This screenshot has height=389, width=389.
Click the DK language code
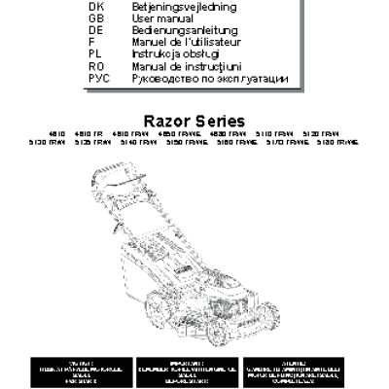pos(94,7)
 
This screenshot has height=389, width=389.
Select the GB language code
pos(94,18)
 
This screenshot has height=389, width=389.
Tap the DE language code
pos(94,30)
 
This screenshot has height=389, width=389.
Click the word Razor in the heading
pos(167,121)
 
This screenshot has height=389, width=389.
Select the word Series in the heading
pos(220,121)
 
